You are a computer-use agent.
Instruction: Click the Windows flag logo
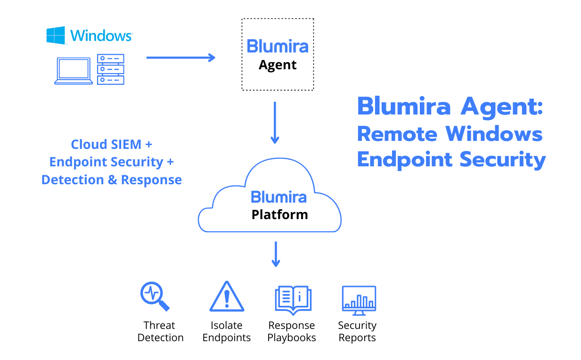pos(55,35)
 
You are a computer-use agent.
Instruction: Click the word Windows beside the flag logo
pos(101,35)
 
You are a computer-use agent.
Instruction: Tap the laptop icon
pos(74,71)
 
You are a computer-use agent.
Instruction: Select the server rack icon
pos(110,69)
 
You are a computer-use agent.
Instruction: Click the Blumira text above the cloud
pos(278,46)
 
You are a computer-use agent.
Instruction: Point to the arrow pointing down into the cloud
pos(275,123)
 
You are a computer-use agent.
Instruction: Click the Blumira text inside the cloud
pos(278,196)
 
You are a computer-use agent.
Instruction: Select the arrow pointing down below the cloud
pos(276,254)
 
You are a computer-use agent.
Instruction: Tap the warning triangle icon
pos(227,297)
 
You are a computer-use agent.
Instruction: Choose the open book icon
pos(293,299)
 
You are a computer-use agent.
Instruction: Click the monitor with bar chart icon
pos(359,300)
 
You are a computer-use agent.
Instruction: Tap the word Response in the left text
pos(151,180)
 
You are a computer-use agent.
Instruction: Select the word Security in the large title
pos(503,160)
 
